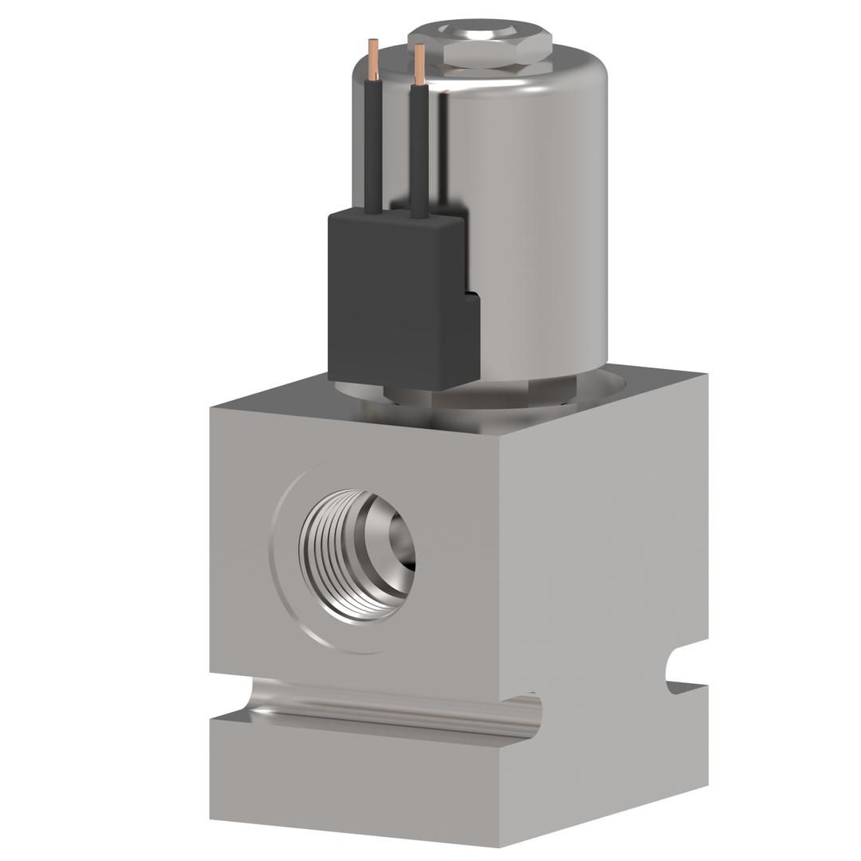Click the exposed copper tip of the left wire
[x=373, y=60]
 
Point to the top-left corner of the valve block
[x=211, y=409]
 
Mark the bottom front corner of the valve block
[x=500, y=845]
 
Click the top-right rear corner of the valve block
[x=706, y=374]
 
